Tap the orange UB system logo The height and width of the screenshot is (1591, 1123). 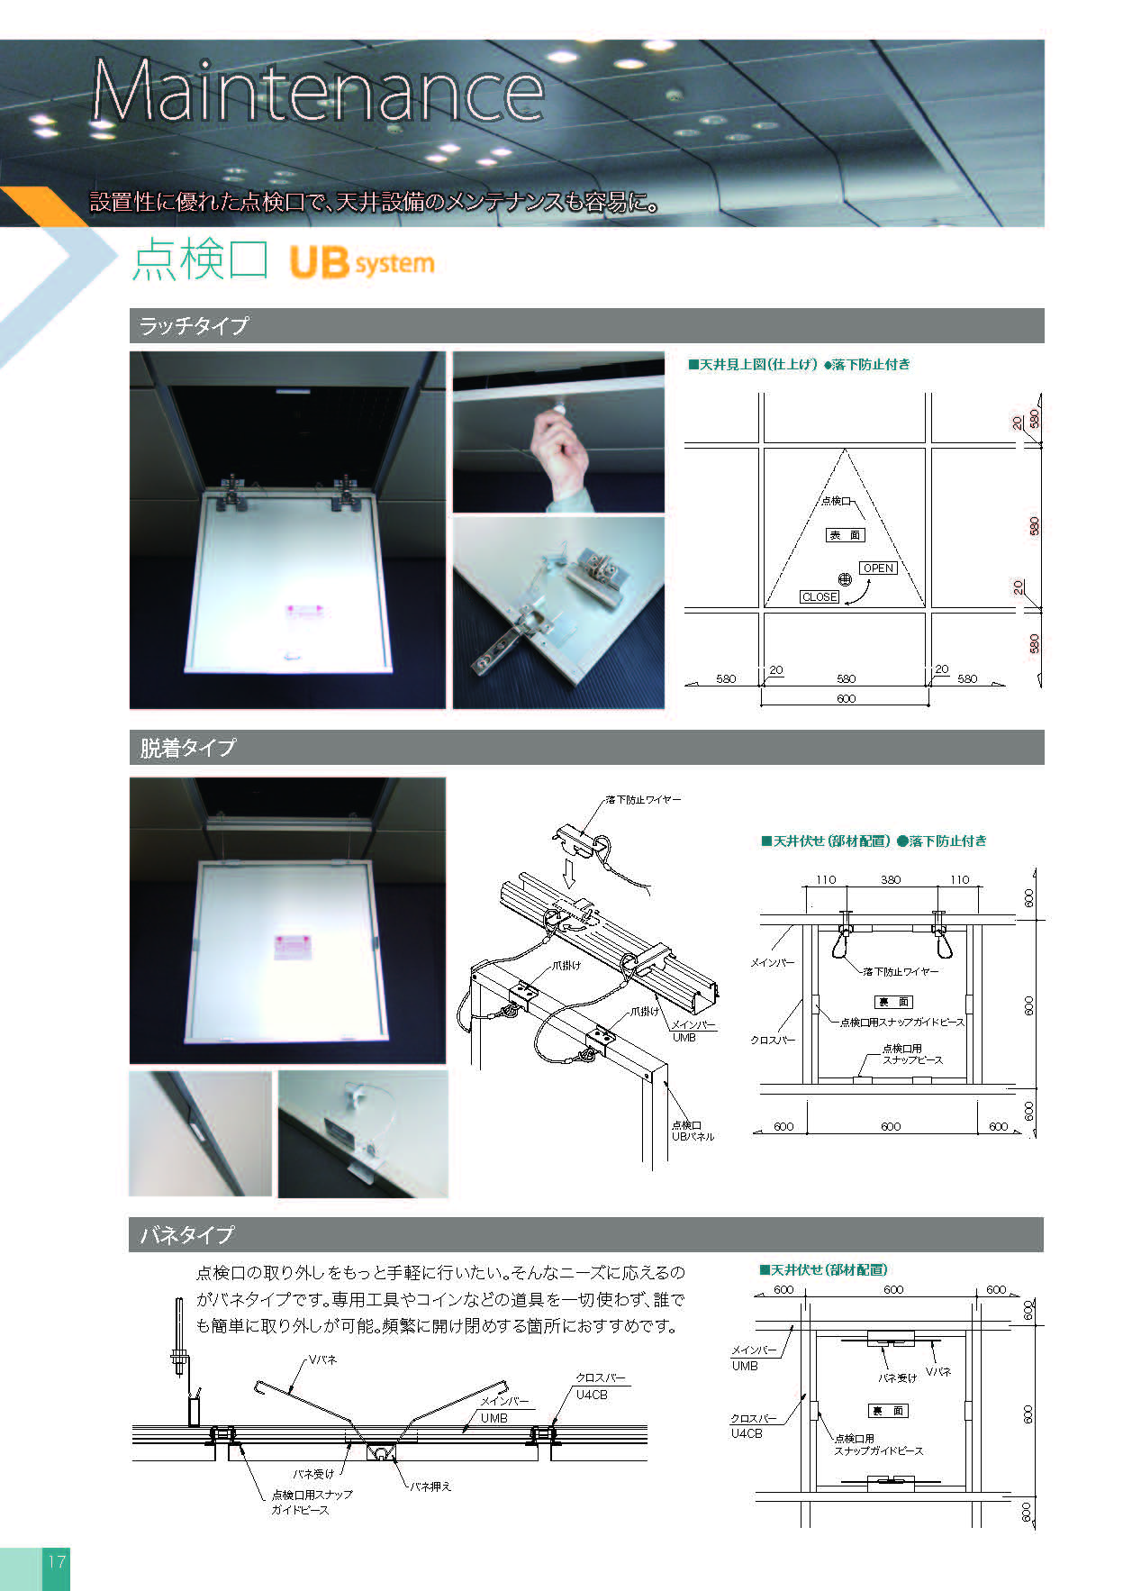(x=361, y=262)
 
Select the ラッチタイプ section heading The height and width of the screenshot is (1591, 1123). (x=194, y=325)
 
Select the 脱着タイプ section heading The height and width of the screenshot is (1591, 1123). (x=187, y=747)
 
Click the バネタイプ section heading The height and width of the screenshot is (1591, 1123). (x=186, y=1234)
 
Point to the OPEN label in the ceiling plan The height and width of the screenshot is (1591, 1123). (x=878, y=568)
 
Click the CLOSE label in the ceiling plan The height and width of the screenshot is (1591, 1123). (x=820, y=597)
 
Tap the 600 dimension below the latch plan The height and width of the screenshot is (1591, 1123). (x=847, y=699)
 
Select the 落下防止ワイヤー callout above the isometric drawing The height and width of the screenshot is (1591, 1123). (x=643, y=799)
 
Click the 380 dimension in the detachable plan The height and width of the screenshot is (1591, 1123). (x=891, y=880)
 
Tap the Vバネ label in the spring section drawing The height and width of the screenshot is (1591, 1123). (x=322, y=1359)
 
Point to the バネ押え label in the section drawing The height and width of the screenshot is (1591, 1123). (x=430, y=1486)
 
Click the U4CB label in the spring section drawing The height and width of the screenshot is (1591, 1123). (x=592, y=1395)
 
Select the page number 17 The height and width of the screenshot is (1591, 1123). (x=56, y=1561)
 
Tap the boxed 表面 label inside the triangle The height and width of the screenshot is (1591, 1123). (x=845, y=535)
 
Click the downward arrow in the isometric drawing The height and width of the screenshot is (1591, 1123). (x=568, y=872)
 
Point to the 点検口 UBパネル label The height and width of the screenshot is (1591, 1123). (x=693, y=1131)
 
